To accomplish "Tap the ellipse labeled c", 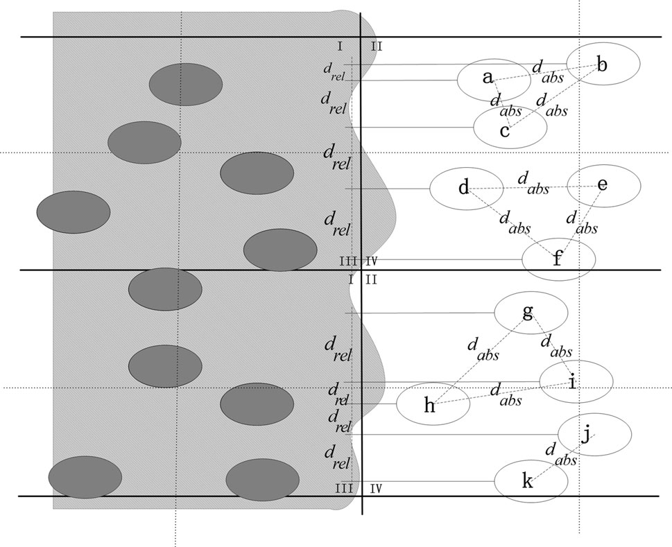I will point(510,128).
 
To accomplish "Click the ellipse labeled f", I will point(558,260).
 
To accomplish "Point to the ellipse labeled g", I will point(531,313).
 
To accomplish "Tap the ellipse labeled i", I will point(576,381).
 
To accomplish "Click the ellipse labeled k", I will point(531,480).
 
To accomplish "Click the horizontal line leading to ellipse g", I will point(423,313).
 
